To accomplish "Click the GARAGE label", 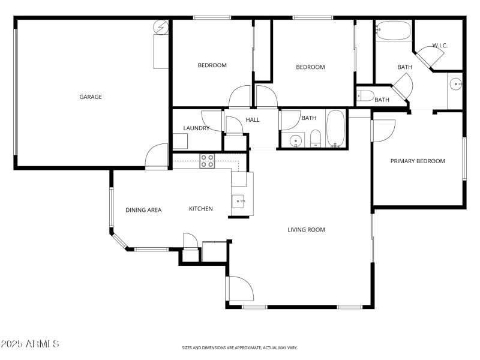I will click(91, 97).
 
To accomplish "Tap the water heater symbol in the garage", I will click(161, 27).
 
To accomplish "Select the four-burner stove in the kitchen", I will click(207, 160).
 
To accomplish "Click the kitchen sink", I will click(239, 201).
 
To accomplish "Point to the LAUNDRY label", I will click(196, 128).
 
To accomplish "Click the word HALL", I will click(253, 120).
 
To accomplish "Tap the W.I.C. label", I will click(440, 46).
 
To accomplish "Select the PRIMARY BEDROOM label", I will click(418, 161).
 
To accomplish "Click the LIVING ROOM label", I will click(306, 229).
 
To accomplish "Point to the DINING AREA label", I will click(143, 209).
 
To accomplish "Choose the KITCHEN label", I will click(201, 209).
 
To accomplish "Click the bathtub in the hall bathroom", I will click(335, 128).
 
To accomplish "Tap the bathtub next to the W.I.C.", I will click(394, 30).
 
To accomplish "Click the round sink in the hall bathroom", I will click(294, 141).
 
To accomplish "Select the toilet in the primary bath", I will click(365, 95).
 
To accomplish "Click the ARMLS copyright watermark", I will click(30, 344).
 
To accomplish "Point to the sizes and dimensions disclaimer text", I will click(240, 347).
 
